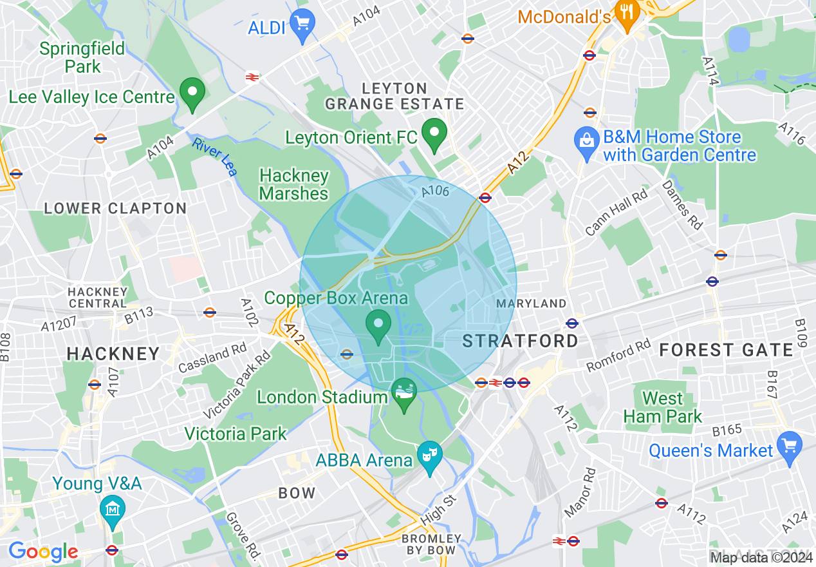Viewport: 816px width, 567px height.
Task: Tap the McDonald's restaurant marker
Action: (626, 14)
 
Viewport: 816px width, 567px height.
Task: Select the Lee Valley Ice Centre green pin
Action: (191, 93)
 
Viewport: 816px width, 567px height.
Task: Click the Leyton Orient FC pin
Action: (434, 134)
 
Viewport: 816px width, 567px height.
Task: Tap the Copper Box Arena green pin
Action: (378, 325)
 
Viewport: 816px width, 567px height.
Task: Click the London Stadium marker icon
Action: (404, 394)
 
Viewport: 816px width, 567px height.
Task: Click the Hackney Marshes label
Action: (294, 184)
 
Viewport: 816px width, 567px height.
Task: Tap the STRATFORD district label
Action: (521, 341)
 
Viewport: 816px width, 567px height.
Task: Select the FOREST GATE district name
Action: (726, 350)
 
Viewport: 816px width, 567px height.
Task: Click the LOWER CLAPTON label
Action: (115, 209)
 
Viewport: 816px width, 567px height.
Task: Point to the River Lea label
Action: (214, 157)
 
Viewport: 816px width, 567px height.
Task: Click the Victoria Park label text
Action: (236, 434)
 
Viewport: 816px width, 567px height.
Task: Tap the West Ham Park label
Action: (663, 407)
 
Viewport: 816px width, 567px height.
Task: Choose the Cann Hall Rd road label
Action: (616, 213)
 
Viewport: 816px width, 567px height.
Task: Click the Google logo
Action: (43, 552)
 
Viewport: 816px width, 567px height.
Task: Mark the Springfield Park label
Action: (82, 57)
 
